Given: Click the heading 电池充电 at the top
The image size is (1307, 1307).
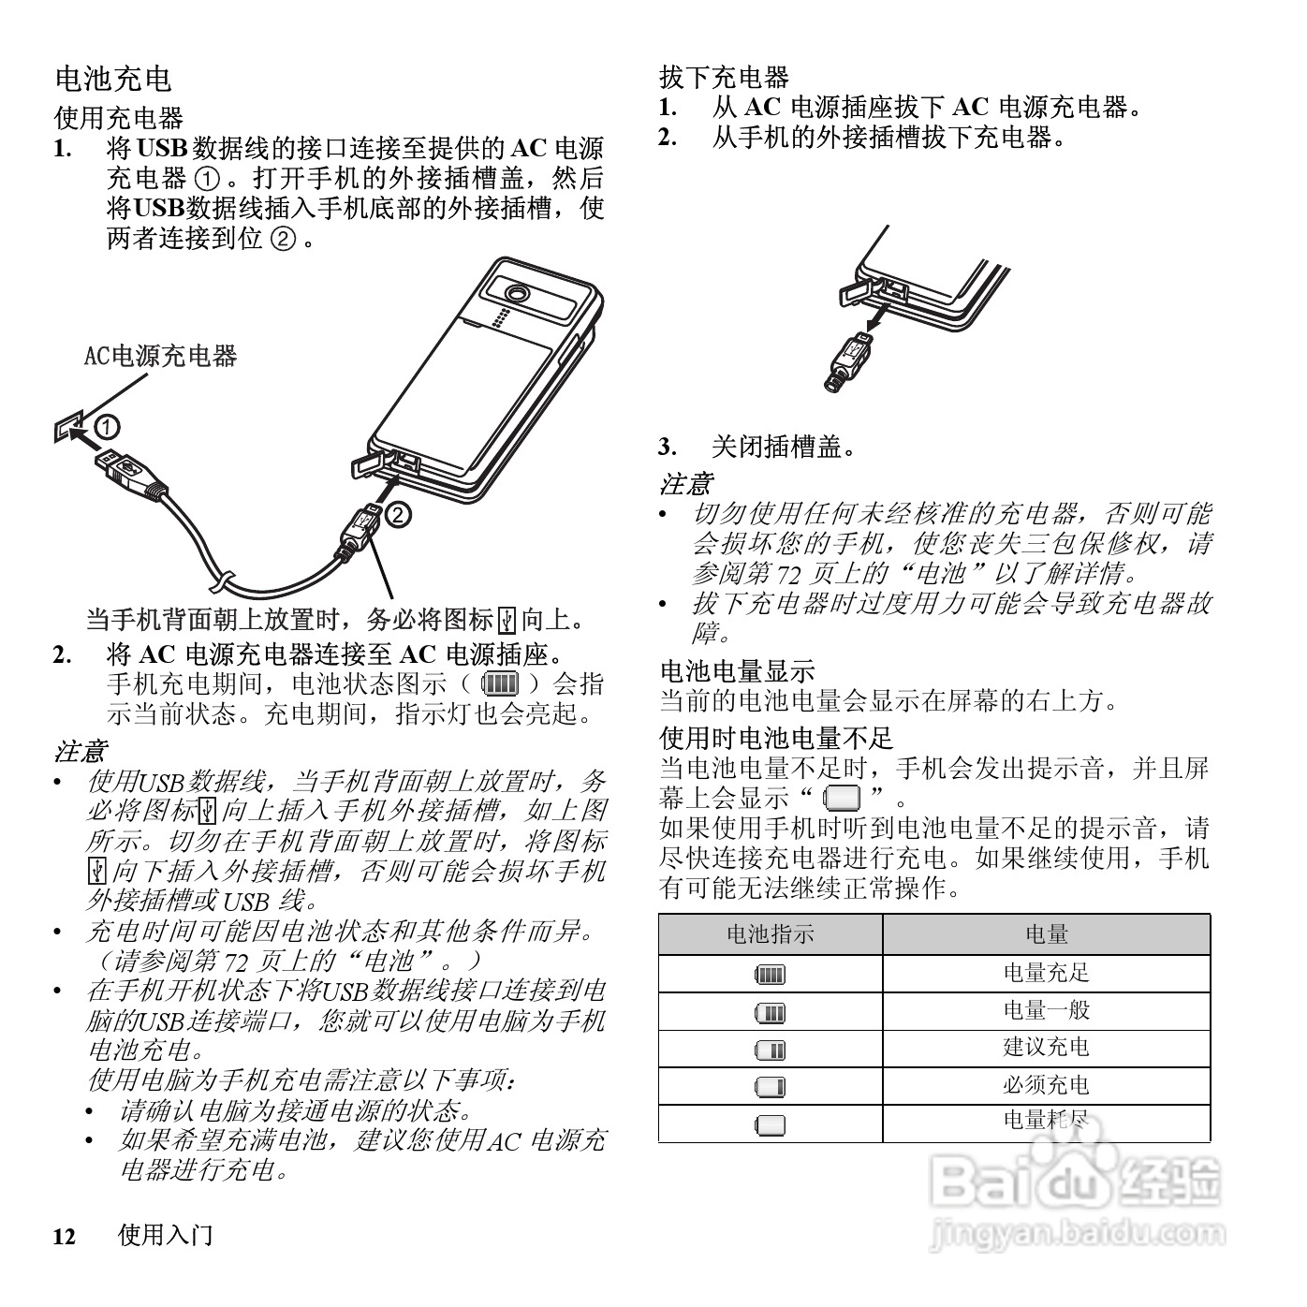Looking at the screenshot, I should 113,79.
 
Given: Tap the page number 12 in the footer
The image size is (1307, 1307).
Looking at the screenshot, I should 64,1237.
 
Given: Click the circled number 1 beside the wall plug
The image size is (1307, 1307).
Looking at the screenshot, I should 109,427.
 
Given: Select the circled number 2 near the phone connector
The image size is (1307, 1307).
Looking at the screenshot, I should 397,513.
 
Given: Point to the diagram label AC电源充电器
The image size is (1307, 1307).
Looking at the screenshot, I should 161,356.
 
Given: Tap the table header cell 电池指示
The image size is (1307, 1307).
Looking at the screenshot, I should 770,934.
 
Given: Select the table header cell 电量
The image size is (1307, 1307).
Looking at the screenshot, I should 1046,934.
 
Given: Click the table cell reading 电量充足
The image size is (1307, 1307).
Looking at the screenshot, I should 1046,973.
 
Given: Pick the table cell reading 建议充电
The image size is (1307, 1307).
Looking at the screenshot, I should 1046,1048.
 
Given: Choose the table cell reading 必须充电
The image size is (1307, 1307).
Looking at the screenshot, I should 1046,1086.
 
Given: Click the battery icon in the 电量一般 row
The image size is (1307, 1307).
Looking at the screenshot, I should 770,1013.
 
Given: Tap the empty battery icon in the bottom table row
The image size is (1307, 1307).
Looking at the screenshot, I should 770,1125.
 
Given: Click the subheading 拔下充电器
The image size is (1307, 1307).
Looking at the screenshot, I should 724,77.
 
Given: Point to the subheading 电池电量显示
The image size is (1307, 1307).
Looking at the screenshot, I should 737,670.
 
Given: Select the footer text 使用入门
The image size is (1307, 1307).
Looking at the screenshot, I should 166,1236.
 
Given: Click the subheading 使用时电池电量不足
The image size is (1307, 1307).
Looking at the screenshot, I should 776,738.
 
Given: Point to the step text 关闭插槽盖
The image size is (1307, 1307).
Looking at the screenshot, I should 784,447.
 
